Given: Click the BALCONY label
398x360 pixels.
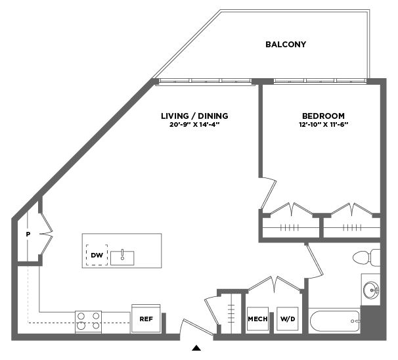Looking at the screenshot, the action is point(286,45).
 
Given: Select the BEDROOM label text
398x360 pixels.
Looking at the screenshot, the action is point(322,116).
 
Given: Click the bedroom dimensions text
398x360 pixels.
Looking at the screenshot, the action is point(322,124).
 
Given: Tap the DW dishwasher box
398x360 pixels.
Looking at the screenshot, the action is point(97,255).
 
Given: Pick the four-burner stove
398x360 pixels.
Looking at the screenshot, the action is point(87,320).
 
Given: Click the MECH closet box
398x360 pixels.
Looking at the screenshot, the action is point(257,319).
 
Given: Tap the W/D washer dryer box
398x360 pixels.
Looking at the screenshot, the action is point(287,319).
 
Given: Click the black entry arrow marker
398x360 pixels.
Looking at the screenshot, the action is point(196,348).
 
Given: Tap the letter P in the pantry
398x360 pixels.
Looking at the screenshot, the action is point(28,234).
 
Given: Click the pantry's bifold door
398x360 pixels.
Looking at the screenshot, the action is point(46,233).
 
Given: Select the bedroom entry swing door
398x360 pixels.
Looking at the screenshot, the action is point(268,191).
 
